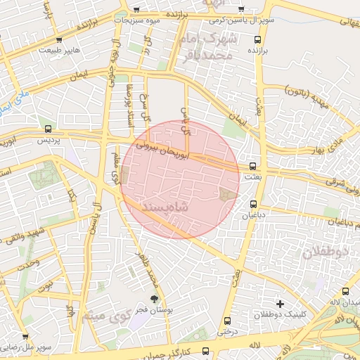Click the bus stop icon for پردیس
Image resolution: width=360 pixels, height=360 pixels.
click(48, 129)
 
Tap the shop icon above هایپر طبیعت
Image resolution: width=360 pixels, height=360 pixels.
click(58, 39)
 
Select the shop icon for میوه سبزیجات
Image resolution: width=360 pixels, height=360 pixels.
click(136, 10)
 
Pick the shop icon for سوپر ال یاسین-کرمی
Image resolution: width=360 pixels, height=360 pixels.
click(242, 9)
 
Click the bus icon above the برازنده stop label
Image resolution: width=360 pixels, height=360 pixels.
click(258, 40)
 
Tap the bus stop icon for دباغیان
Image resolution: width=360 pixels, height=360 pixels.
click(253, 205)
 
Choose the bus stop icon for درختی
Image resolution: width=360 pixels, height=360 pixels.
click(226, 319)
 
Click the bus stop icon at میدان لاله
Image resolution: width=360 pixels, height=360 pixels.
click(345, 291)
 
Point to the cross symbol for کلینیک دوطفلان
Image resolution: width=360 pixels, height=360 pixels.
click(280, 304)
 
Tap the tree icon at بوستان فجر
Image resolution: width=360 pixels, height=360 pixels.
click(153, 300)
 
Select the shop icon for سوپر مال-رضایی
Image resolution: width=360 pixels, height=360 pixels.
click(25, 337)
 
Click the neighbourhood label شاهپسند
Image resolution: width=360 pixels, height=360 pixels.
click(166, 209)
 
